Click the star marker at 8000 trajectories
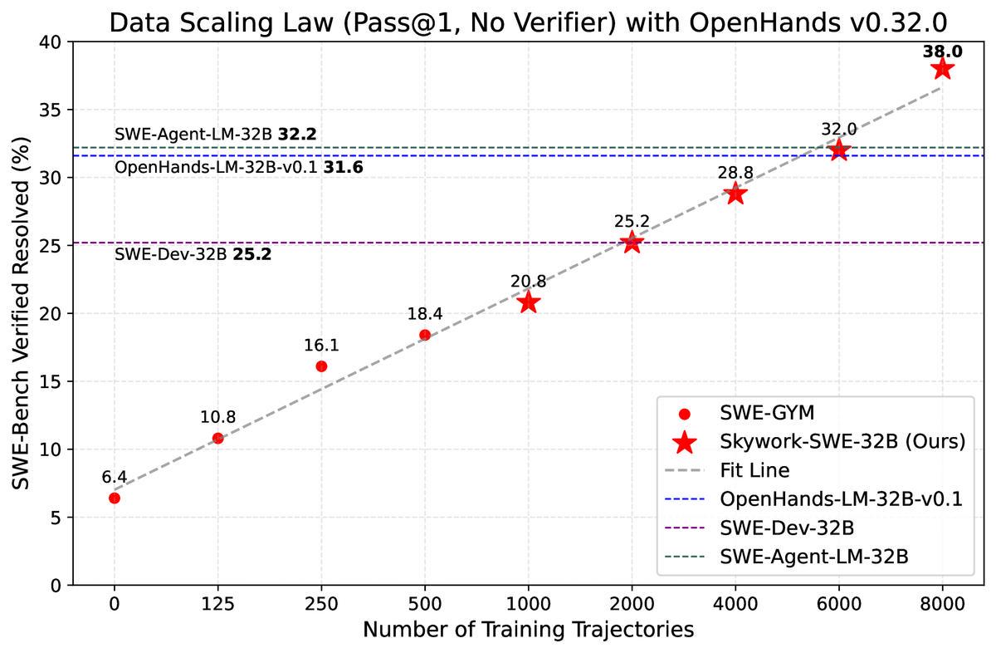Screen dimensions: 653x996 (x=942, y=68)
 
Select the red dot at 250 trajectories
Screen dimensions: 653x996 (x=321, y=366)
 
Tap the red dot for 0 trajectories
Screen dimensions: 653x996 (x=115, y=498)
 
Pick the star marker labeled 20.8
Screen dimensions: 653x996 (x=528, y=302)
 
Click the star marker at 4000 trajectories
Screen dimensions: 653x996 (x=735, y=194)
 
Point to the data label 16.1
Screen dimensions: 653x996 (x=321, y=346)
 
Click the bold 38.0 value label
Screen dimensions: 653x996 (x=942, y=52)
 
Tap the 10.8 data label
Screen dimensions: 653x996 (x=217, y=418)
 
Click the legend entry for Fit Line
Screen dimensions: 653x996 (x=753, y=470)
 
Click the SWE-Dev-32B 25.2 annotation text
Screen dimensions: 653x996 (x=193, y=255)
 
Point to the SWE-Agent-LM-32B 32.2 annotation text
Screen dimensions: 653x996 (x=216, y=134)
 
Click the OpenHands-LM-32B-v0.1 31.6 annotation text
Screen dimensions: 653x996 (x=239, y=168)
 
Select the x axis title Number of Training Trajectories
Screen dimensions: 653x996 (x=528, y=630)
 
